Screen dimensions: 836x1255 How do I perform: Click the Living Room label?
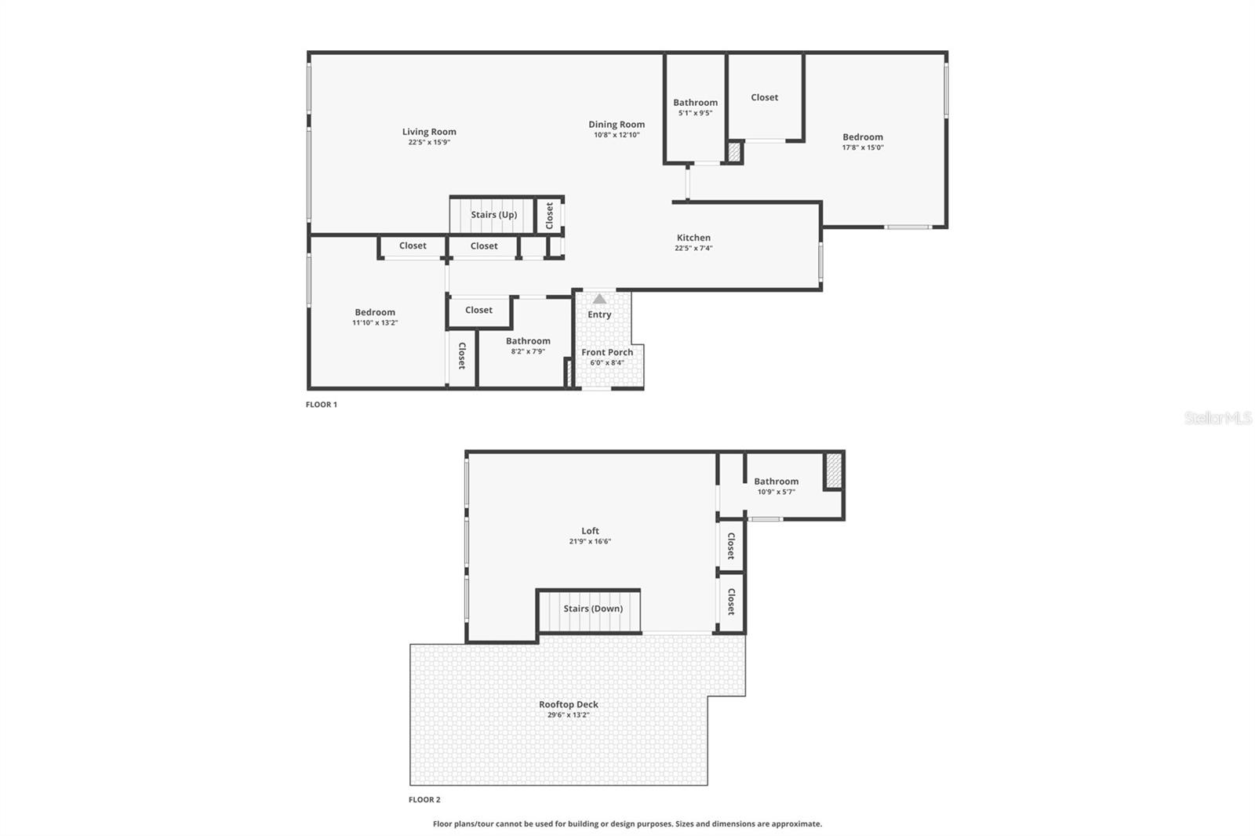[x=429, y=132]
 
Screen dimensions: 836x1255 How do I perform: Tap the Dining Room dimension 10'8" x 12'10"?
[x=617, y=135]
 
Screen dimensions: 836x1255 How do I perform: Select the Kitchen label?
[x=693, y=238]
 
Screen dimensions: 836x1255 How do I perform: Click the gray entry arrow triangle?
[x=599, y=299]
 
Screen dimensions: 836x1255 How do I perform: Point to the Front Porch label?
[x=607, y=352]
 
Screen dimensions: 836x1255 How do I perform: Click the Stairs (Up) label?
[x=494, y=215]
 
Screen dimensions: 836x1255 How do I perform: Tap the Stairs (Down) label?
[x=593, y=609]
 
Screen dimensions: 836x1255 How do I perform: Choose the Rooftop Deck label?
[x=569, y=704]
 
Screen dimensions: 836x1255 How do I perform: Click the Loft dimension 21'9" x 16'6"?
[x=590, y=541]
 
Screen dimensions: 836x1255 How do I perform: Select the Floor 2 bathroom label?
[x=777, y=482]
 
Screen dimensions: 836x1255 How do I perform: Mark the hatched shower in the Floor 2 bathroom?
[x=834, y=470]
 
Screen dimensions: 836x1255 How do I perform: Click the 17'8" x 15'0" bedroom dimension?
[x=863, y=147]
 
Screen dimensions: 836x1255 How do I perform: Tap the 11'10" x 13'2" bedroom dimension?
[x=375, y=322]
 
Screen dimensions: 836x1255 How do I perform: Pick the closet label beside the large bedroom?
[x=764, y=97]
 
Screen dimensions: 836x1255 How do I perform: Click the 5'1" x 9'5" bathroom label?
[x=695, y=103]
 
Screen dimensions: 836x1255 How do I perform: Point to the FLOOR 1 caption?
[x=322, y=405]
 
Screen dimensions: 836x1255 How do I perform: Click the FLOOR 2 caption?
[x=424, y=800]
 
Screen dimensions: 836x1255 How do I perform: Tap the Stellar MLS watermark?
[x=1218, y=419]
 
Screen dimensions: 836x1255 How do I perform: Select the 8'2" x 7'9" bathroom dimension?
[x=528, y=351]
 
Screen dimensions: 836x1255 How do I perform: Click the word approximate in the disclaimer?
[x=796, y=823]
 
